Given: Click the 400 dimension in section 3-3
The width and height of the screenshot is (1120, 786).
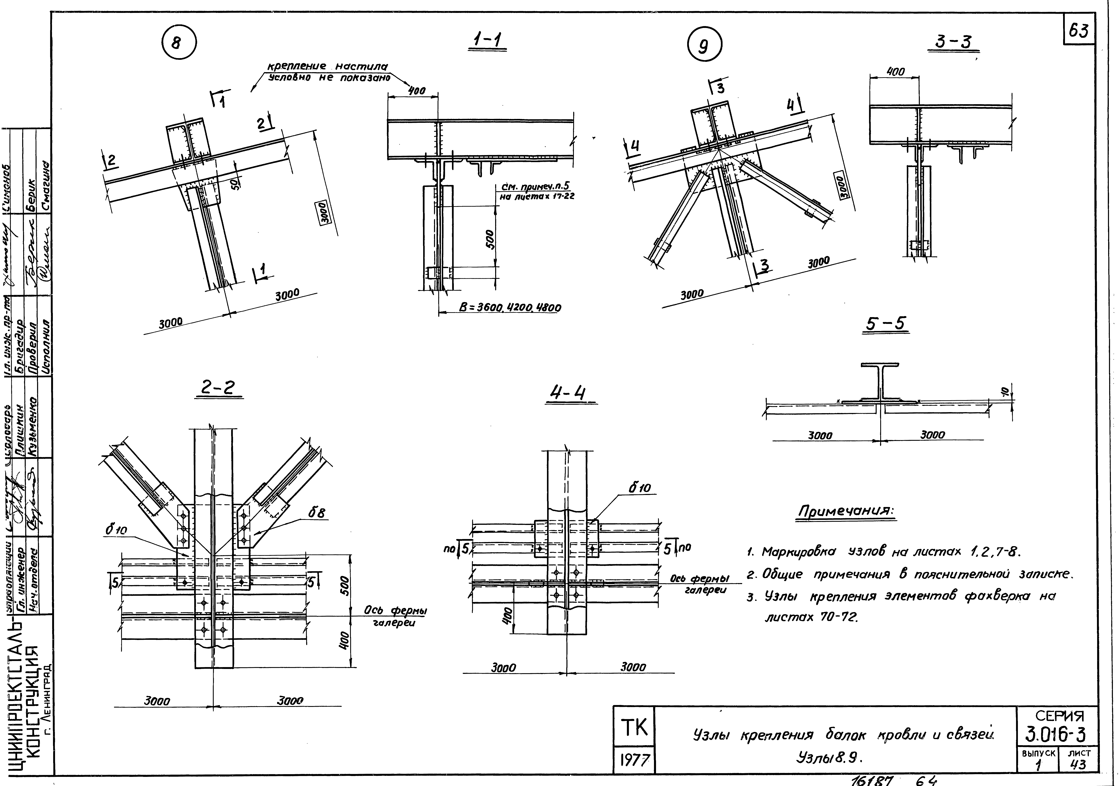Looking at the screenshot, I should coord(895,72).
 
